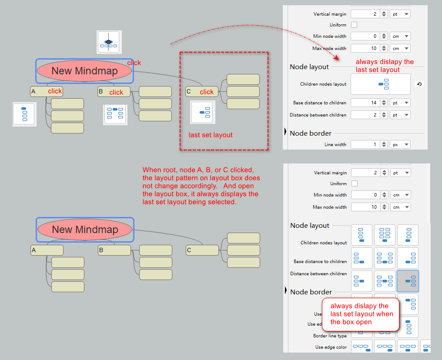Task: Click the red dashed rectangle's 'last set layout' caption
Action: click(x=211, y=135)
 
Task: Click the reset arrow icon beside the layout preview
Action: click(x=419, y=84)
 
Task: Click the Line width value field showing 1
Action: click(x=365, y=144)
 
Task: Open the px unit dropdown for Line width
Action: click(x=400, y=144)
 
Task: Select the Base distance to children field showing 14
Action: click(x=365, y=103)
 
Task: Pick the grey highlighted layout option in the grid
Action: click(x=408, y=281)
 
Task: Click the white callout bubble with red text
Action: click(x=360, y=314)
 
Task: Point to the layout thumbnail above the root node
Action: click(x=108, y=42)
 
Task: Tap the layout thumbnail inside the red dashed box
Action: click(x=202, y=113)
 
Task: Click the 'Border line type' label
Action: click(x=330, y=336)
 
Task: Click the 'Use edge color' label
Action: click(x=331, y=347)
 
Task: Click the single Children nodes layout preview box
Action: click(x=381, y=84)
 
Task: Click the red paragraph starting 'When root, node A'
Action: click(x=201, y=186)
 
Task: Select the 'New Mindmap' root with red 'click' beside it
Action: click(x=84, y=71)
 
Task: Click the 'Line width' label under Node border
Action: click(x=335, y=144)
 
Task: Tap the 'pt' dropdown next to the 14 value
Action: click(x=400, y=103)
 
